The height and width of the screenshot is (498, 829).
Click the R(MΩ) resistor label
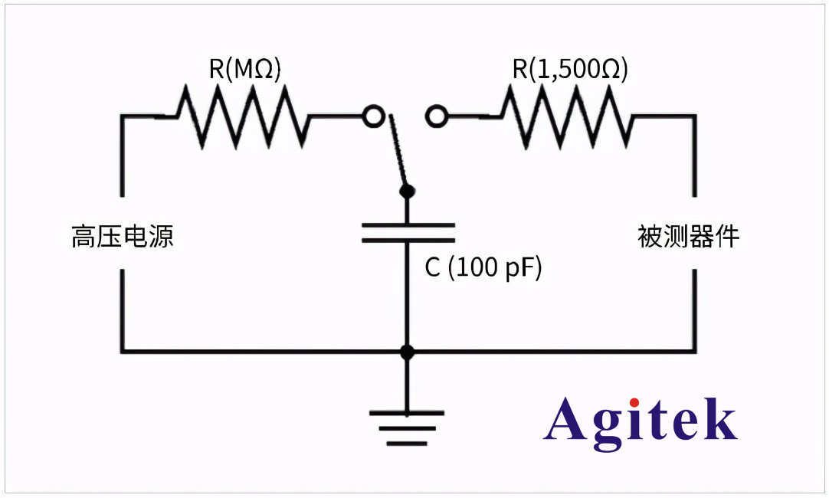[245, 70]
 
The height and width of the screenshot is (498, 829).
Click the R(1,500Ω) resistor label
[570, 70]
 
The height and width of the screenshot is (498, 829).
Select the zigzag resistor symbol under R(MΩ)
[244, 116]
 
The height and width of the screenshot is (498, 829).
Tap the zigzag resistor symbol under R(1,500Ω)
[567, 116]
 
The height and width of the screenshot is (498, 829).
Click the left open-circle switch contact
[373, 116]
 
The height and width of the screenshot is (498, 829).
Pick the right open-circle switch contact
[436, 116]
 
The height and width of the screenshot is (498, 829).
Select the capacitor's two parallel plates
[408, 233]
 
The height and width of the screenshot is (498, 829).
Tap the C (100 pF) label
[483, 268]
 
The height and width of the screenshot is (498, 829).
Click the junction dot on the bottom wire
[408, 352]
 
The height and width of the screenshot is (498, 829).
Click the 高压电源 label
[123, 236]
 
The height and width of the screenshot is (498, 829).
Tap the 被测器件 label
[688, 236]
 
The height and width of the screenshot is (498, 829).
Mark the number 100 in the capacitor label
[474, 268]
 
